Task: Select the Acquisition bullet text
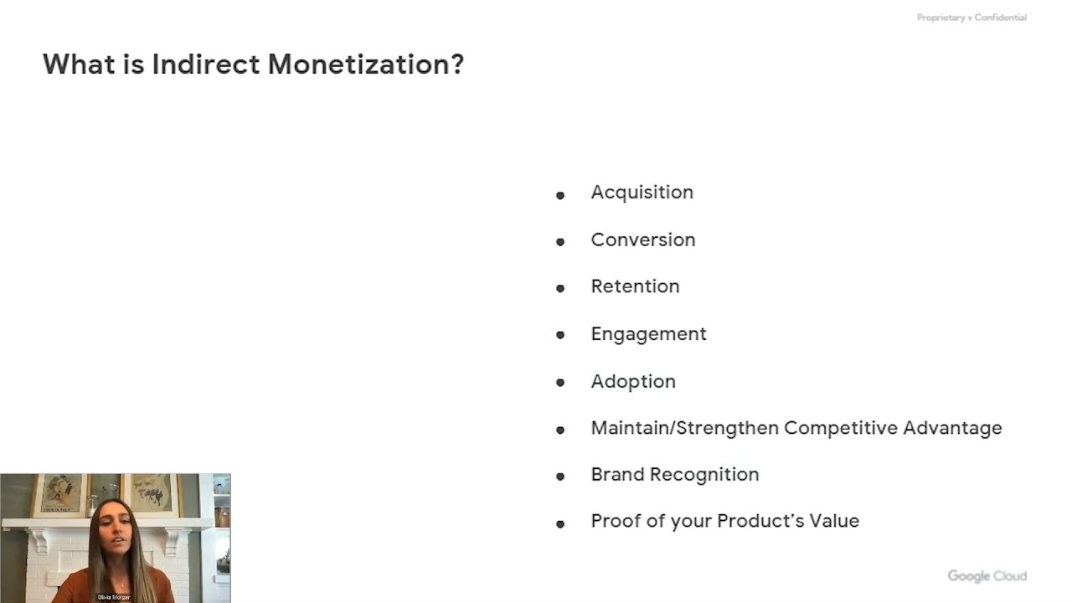click(x=642, y=193)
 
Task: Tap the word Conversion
click(x=642, y=240)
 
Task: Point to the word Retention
click(x=635, y=286)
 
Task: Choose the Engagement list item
click(x=648, y=334)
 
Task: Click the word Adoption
click(x=632, y=381)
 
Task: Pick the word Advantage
click(x=953, y=428)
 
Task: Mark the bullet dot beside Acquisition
click(x=560, y=195)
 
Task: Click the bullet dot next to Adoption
click(x=560, y=383)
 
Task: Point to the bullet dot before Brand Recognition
click(x=560, y=477)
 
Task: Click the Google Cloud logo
click(x=987, y=576)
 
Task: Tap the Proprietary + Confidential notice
click(x=971, y=18)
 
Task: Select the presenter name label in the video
click(x=114, y=597)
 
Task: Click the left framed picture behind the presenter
click(x=61, y=494)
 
